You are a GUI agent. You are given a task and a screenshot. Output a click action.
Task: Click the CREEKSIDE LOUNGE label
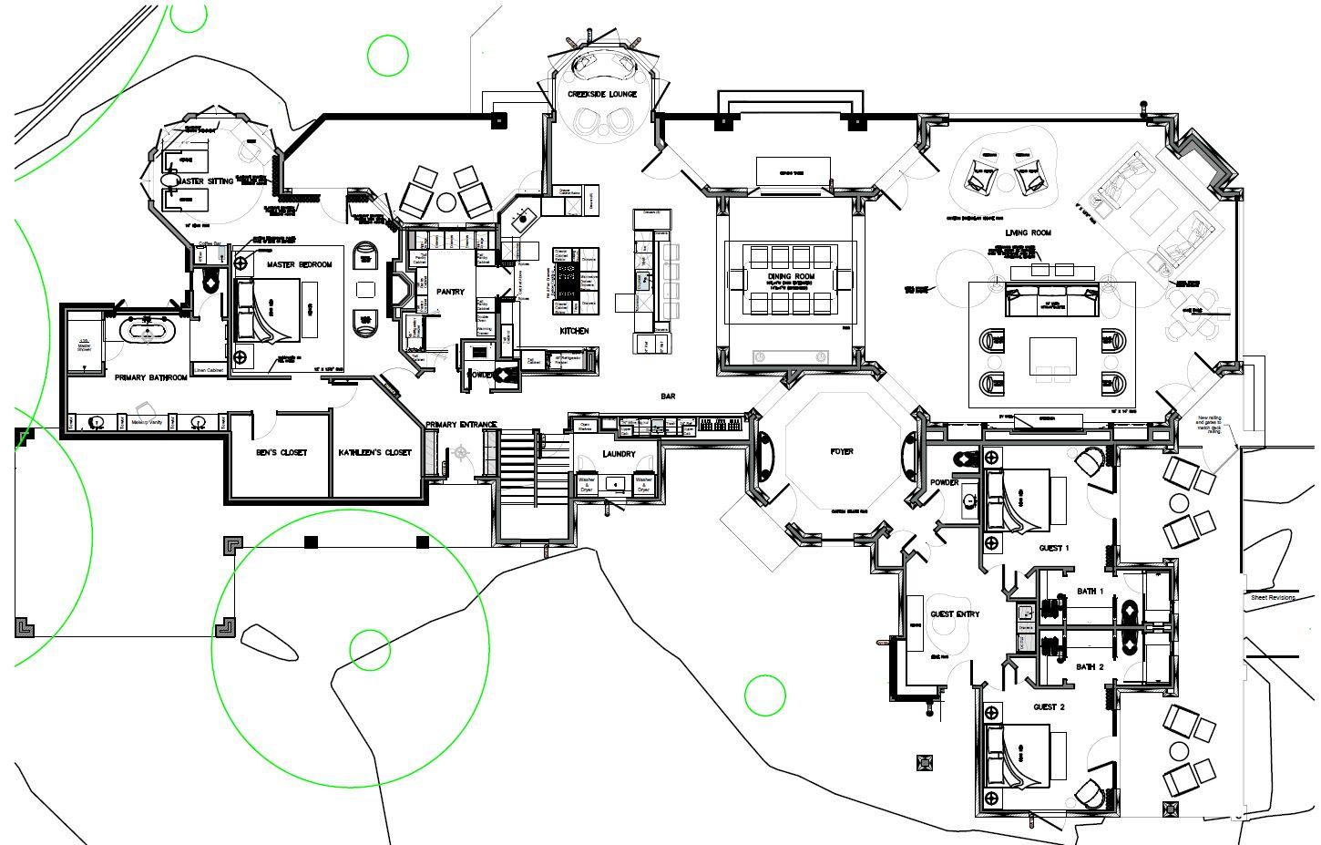point(602,94)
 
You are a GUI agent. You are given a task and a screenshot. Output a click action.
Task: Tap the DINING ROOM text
point(791,276)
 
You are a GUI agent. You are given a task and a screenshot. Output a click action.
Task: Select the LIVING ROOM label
point(1029,233)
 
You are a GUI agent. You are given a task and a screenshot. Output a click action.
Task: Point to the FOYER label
point(842,451)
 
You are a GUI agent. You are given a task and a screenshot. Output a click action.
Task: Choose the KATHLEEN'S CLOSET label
point(374,452)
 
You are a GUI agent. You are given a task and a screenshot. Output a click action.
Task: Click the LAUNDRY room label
point(619,454)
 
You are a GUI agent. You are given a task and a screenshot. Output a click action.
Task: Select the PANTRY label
point(450,293)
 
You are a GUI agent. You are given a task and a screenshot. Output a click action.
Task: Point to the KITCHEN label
point(574,331)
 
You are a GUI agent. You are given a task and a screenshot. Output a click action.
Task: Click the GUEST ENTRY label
point(955,613)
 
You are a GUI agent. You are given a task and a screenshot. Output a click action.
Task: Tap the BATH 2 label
point(1090,667)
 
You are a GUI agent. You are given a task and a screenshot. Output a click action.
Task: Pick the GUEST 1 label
point(1053,548)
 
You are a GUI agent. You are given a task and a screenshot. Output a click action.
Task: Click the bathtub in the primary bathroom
point(147,330)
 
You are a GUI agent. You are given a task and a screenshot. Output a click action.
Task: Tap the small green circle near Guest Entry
point(764,696)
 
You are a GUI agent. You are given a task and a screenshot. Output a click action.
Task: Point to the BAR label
point(668,397)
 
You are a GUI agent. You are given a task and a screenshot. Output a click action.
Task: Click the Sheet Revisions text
point(1272,597)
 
